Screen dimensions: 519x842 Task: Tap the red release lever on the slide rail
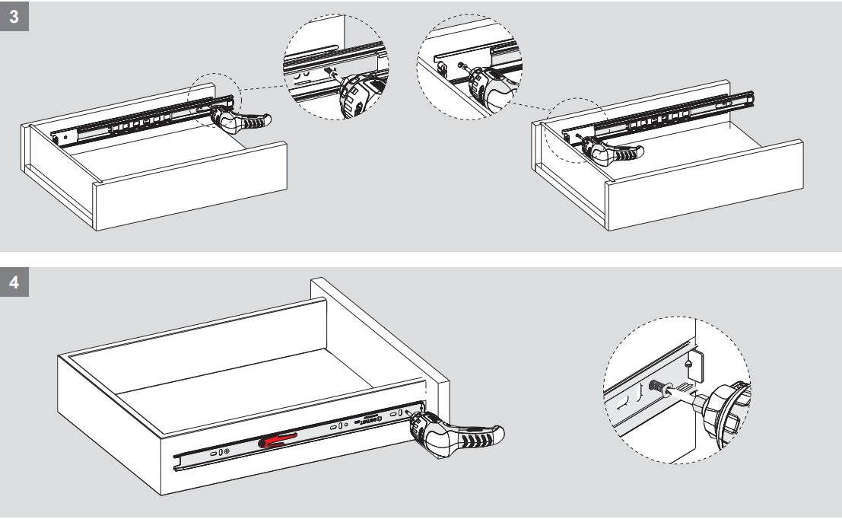pyautogui.click(x=278, y=439)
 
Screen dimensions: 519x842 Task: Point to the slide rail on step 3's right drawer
pyautogui.click(x=669, y=115)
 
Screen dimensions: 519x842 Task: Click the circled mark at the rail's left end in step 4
pyautogui.click(x=227, y=452)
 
